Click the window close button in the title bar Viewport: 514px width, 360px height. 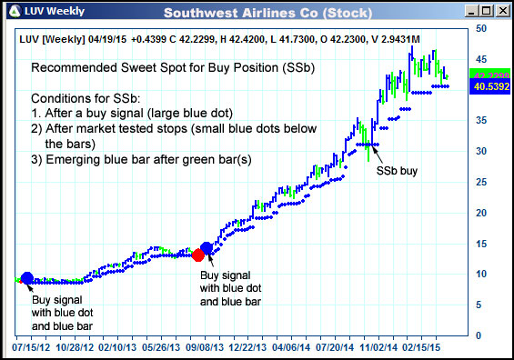pos(500,11)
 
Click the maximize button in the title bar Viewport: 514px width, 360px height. pos(484,11)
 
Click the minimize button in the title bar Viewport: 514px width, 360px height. pos(468,11)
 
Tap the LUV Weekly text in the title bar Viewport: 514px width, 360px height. pos(55,12)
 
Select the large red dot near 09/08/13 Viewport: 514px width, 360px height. pos(198,255)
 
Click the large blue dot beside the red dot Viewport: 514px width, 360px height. pos(207,247)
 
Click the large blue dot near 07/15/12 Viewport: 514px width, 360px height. pos(26,278)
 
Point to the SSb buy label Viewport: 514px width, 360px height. pos(397,169)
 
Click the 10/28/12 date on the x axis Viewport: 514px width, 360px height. pos(76,346)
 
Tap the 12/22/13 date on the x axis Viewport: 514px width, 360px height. pos(247,346)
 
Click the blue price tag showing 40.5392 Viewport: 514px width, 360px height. pos(491,87)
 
